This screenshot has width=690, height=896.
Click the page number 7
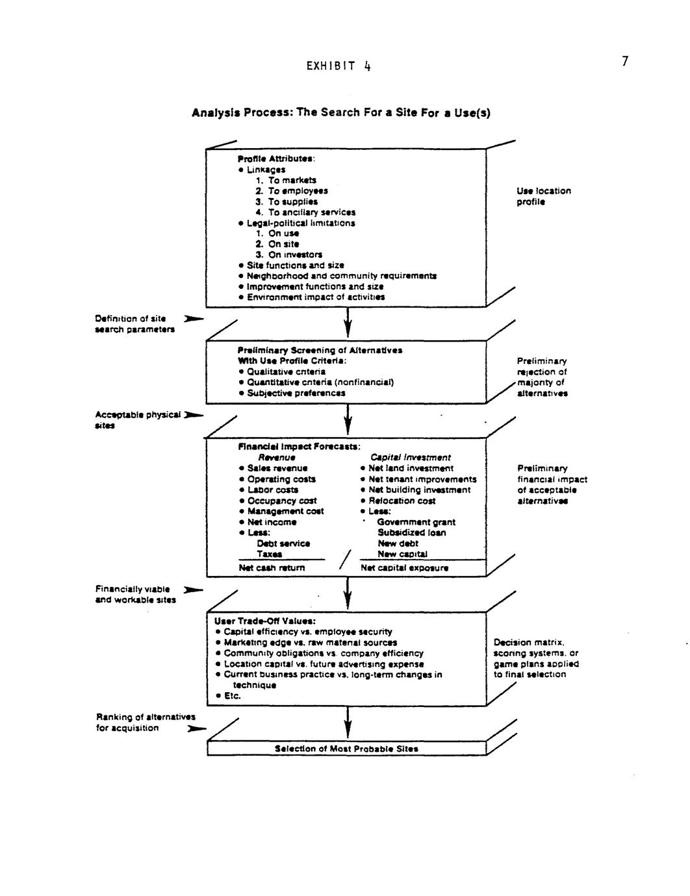(x=624, y=62)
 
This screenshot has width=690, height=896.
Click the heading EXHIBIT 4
(x=339, y=66)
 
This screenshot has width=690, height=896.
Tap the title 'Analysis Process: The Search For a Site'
(x=341, y=113)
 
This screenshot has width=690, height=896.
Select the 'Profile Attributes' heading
(x=276, y=158)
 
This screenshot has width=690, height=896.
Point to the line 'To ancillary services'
(x=311, y=212)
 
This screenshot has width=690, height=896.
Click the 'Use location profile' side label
(x=543, y=196)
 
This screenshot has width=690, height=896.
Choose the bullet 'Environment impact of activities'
(x=316, y=297)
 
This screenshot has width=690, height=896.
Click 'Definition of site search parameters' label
(x=134, y=324)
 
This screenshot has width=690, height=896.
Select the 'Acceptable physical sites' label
(x=138, y=419)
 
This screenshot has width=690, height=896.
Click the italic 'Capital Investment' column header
(x=410, y=458)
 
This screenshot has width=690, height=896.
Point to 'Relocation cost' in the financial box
(x=402, y=501)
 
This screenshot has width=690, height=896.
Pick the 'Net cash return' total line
(x=272, y=567)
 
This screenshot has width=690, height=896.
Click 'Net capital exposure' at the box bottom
(x=404, y=567)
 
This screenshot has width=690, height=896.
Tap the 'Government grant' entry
(x=416, y=522)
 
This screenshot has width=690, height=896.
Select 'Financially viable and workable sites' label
(x=135, y=594)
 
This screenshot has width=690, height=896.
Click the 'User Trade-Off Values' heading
(x=265, y=621)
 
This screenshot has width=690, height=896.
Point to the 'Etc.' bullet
(x=232, y=696)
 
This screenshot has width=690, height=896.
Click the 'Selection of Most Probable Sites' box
(x=346, y=749)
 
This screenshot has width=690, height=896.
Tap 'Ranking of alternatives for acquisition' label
(x=146, y=722)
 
